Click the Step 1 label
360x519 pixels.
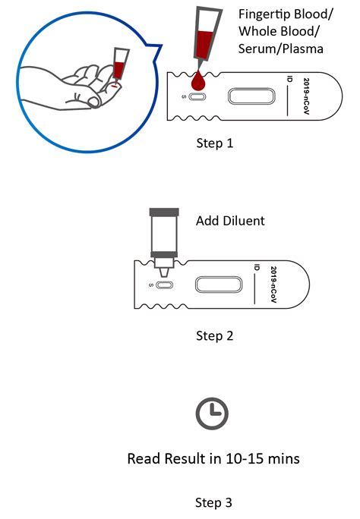(214, 142)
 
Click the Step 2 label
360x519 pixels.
(214, 335)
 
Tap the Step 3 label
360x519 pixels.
(214, 502)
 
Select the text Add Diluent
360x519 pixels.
(229, 221)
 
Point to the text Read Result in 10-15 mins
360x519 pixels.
(213, 458)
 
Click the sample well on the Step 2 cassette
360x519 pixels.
(166, 285)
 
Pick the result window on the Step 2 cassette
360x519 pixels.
(219, 285)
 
